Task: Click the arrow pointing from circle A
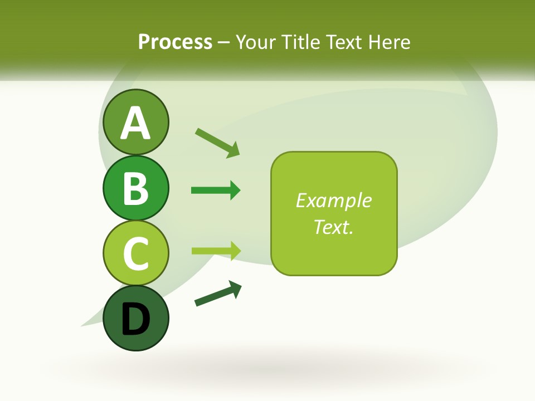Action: point(217,142)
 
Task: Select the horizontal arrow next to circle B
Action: point(216,190)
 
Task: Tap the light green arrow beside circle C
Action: point(216,251)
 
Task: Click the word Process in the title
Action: point(175,42)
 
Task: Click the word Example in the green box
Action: point(333,200)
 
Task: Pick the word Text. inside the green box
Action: point(333,227)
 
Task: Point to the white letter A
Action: point(136,123)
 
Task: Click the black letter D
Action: point(136,319)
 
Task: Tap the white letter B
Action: point(136,188)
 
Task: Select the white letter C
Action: point(136,253)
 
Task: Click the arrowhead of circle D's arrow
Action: point(236,288)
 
